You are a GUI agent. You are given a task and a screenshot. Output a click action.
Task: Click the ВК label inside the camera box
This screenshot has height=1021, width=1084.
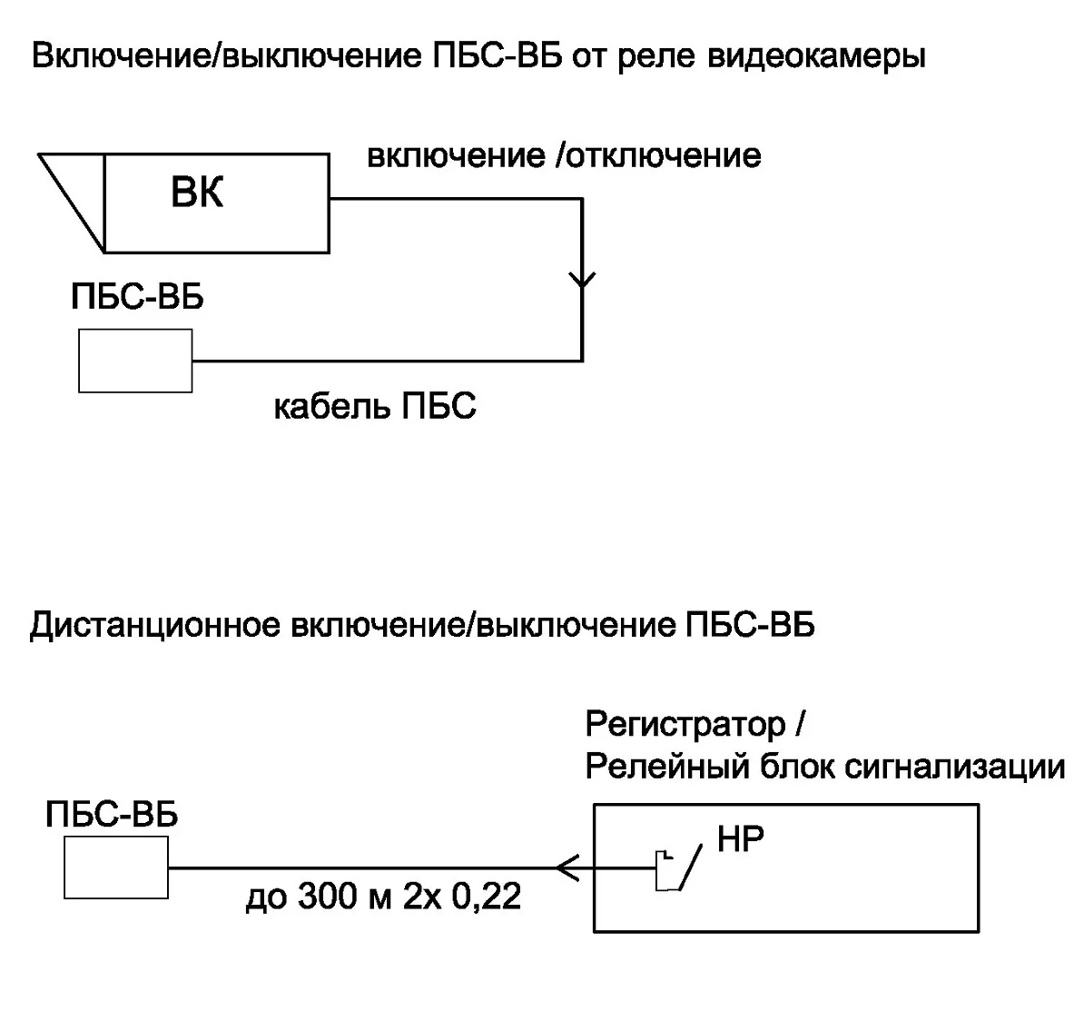coord(197,193)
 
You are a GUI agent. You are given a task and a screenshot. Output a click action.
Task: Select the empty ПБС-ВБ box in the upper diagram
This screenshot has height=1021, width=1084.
coord(135,361)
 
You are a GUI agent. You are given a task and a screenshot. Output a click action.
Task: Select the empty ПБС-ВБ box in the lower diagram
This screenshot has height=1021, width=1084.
coord(116,867)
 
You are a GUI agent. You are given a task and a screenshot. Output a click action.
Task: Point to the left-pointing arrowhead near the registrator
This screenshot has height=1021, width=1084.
coord(567,869)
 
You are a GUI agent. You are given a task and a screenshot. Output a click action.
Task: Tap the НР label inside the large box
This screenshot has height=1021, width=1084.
coord(740,839)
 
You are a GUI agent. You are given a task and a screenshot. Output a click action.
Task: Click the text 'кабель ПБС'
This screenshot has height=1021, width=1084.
coord(375,406)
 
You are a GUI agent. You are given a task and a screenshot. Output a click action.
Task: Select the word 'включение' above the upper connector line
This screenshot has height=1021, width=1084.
coord(455,155)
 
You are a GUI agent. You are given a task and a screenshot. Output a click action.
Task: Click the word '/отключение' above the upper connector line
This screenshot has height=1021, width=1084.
coord(657,155)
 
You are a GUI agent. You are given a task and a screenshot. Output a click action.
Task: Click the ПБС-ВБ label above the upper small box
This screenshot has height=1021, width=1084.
coord(137,297)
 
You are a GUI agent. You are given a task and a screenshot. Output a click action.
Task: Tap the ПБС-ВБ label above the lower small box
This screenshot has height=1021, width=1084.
coord(112,814)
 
